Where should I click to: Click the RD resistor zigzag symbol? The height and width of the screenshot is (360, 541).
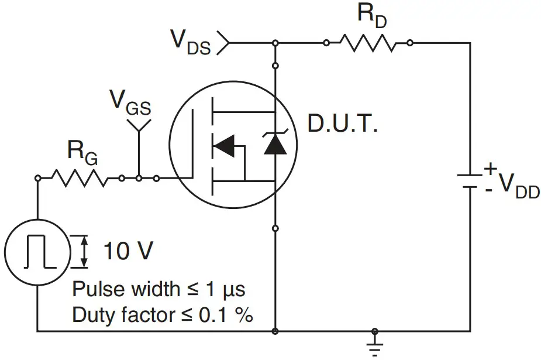tap(368, 43)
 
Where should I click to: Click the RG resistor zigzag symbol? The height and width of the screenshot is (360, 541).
tap(80, 177)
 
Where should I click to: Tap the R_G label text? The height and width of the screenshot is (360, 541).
tap(82, 153)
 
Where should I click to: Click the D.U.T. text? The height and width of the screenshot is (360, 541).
tap(343, 124)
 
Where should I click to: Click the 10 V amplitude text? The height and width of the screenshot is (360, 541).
tap(128, 252)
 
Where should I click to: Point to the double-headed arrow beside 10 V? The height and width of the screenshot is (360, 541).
tap(84, 252)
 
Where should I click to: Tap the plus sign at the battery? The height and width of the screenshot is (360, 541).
tap(490, 169)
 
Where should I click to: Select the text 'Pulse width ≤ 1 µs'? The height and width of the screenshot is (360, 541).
tap(158, 289)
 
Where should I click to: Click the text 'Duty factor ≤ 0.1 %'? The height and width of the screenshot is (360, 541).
tap(163, 316)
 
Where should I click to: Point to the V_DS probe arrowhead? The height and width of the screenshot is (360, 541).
tap(224, 43)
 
